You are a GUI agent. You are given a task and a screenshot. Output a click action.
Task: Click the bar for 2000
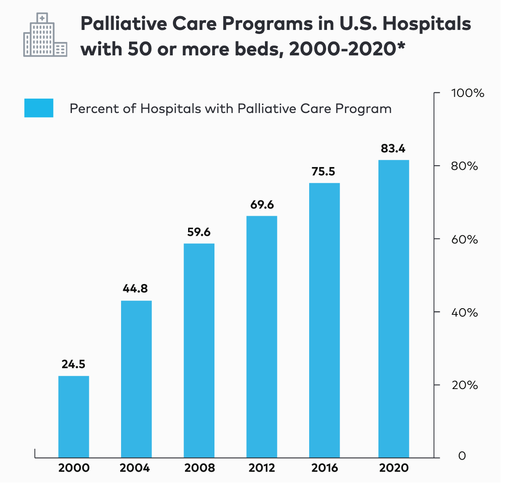coord(74,416)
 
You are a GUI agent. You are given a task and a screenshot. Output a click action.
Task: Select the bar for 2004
coord(137,379)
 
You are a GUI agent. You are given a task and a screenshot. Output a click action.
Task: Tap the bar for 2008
coord(199,350)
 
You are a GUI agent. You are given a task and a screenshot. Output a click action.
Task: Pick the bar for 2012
coord(262,336)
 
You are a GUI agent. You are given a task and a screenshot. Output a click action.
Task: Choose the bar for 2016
coord(324,320)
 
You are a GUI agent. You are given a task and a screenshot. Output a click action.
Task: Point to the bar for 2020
coord(394,308)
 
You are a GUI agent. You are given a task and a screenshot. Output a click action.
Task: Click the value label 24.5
coord(74,364)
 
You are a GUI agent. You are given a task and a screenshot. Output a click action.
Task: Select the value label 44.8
coord(135,289)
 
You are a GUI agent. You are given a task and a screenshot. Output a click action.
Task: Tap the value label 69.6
coord(262,205)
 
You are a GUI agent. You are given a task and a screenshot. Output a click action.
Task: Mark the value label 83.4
coord(393,149)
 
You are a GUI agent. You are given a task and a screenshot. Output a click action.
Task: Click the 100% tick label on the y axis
coord(467,93)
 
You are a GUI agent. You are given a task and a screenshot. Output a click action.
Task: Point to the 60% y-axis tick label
coord(465,239)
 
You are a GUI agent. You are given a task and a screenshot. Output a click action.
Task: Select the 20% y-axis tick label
coord(465,385)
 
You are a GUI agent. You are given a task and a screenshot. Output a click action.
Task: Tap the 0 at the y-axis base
coord(462,456)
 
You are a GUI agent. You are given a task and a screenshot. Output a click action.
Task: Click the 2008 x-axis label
coord(199,468)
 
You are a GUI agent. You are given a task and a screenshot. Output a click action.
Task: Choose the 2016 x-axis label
coord(324,468)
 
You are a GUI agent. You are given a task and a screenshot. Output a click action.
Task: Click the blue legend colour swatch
coord(39,108)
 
